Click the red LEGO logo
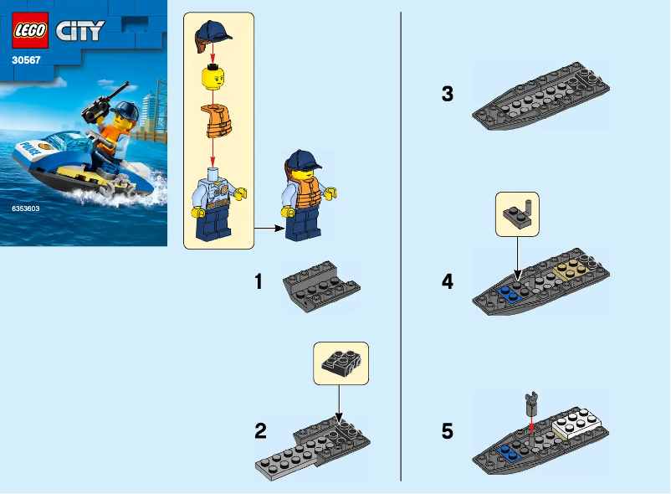click(29, 31)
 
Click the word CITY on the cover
click(79, 32)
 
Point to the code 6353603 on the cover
click(27, 208)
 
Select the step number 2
click(260, 432)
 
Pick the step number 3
click(448, 95)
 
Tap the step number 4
click(448, 281)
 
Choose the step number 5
click(448, 432)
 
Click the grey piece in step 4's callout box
click(518, 214)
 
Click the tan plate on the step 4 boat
click(573, 268)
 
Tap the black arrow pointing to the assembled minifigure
click(268, 227)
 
